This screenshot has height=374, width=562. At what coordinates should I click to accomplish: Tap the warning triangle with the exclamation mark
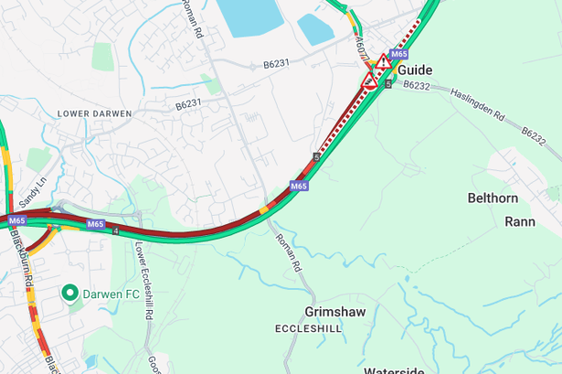tap(384, 62)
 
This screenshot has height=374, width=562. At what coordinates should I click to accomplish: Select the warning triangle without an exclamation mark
tap(370, 80)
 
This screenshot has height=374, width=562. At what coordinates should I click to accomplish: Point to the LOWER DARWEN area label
tap(94, 113)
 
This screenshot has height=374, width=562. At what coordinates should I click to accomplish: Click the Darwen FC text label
tap(112, 294)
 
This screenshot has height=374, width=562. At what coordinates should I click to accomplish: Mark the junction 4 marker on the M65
tap(116, 230)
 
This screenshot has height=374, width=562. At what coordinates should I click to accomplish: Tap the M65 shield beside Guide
tap(398, 54)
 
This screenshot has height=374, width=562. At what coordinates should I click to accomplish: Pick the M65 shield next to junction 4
tap(96, 223)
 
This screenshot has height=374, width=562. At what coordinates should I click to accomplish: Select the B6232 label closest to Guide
tap(416, 85)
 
